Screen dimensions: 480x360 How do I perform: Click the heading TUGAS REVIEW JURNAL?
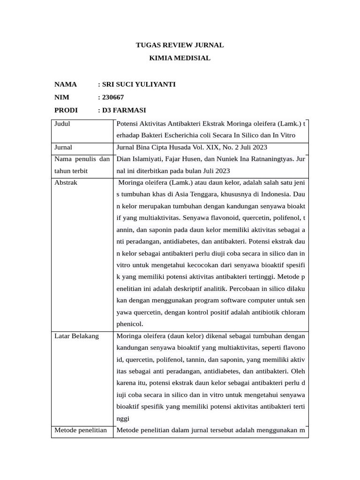(180, 45)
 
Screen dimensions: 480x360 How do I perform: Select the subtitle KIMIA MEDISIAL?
(180, 58)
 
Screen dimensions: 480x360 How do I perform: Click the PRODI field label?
(66, 110)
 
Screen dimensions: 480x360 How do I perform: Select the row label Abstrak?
(66, 182)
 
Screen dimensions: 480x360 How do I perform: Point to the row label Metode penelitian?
(81, 430)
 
